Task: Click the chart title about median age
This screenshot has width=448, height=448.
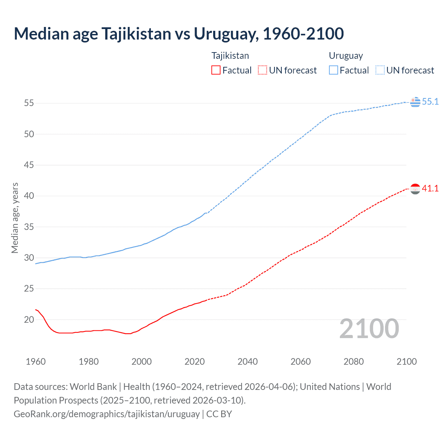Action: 179,34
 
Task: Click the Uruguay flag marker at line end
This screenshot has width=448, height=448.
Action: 415,102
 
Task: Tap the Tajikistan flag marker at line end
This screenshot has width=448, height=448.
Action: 415,189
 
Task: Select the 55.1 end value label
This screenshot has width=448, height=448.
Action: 430,102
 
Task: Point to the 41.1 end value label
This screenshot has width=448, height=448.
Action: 430,189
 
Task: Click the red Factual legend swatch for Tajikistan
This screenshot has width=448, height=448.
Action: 216,70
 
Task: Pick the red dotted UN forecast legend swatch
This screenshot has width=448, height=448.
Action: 262,70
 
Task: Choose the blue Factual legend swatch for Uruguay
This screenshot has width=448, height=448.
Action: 333,70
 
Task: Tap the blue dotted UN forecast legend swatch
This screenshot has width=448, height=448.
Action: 380,70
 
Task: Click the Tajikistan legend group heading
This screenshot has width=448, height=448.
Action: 230,56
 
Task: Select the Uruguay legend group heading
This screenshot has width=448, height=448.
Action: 346,56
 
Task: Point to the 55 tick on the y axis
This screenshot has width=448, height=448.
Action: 29,103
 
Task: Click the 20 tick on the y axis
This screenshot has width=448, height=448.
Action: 29,320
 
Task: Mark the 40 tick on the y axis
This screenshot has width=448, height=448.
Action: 29,196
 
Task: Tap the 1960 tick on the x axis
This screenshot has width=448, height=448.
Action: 36,362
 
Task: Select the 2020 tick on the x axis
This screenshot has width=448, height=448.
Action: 195,362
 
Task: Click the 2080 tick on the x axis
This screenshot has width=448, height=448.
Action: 353,362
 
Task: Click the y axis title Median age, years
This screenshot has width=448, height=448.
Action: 15,218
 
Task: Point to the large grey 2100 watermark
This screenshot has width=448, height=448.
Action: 369,329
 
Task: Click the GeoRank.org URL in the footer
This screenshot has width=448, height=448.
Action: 107,414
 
